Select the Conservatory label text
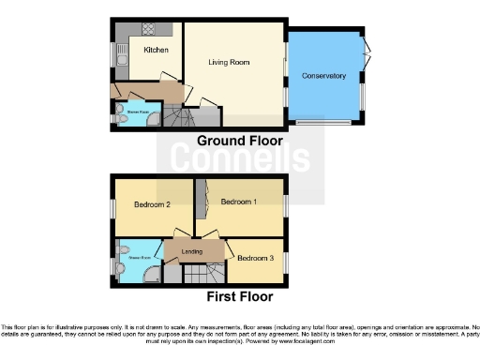click(x=323, y=76)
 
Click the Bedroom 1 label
click(x=238, y=202)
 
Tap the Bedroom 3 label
click(x=255, y=258)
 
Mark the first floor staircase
click(x=197, y=275)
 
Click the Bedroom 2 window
click(x=111, y=207)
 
